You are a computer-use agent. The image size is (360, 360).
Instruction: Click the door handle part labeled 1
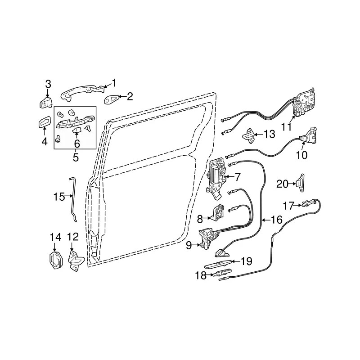pyautogui.click(x=81, y=92)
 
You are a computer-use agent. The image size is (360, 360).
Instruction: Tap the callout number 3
pyautogui.click(x=48, y=84)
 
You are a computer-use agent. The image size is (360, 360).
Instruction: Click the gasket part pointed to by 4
pyautogui.click(x=45, y=121)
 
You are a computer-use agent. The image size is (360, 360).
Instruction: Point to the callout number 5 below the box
pyautogui.click(x=76, y=157)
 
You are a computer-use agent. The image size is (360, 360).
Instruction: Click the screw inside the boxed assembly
pyautogui.click(x=58, y=139)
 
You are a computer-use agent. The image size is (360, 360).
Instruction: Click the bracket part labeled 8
pyautogui.click(x=217, y=212)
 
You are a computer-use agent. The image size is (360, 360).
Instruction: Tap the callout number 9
pyautogui.click(x=189, y=245)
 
